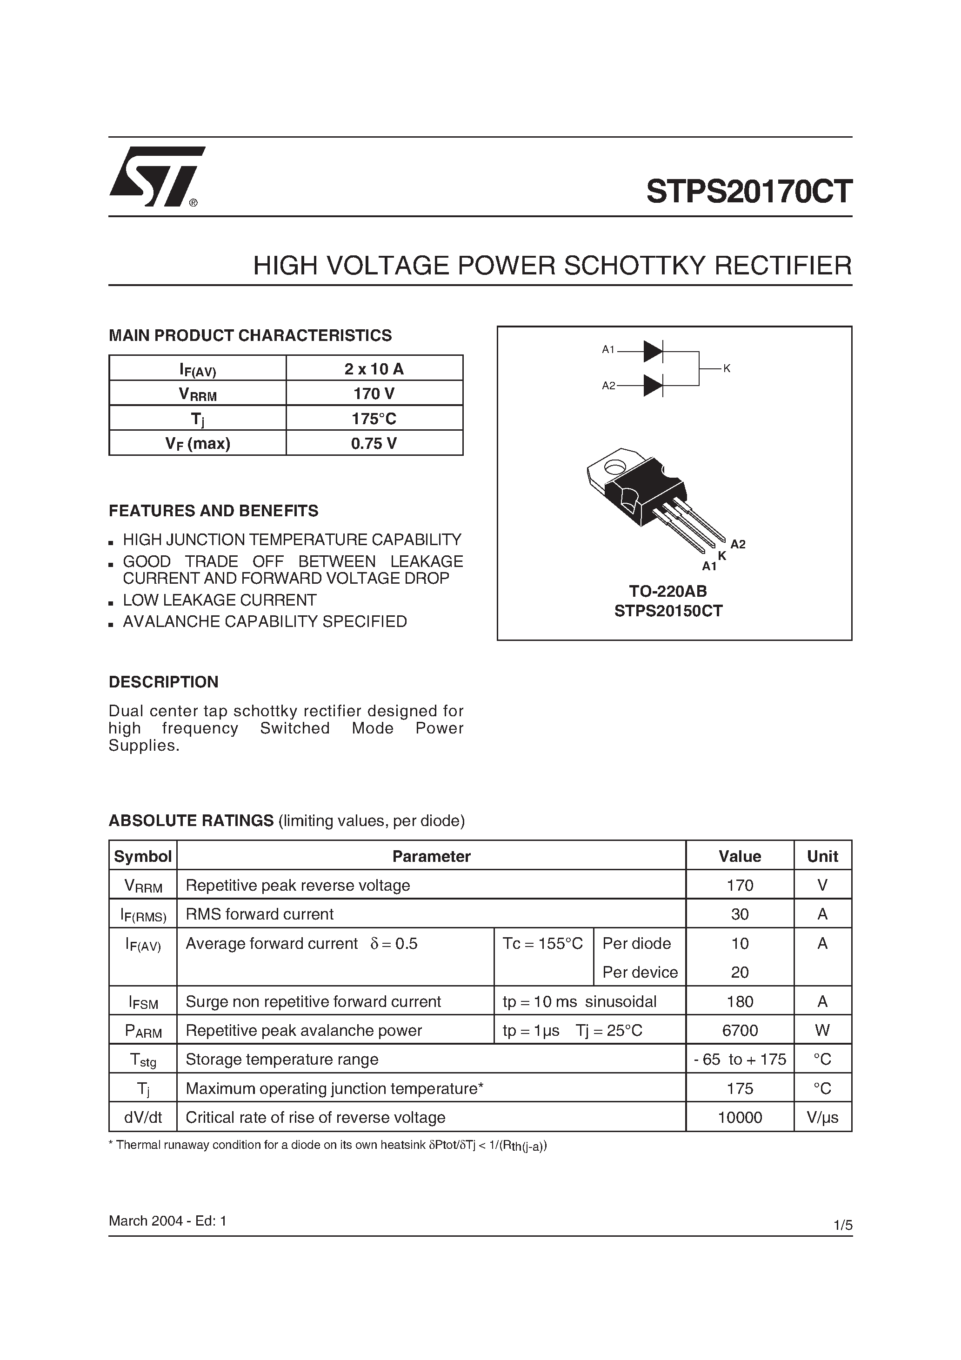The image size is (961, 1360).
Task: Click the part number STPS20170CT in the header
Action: click(749, 192)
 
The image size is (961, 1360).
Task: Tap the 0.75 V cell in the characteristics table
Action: click(374, 443)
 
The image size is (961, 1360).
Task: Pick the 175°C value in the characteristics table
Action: click(374, 418)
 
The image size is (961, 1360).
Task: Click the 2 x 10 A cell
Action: click(374, 369)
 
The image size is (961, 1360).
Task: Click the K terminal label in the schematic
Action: click(727, 368)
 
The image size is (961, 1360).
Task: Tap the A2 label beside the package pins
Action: click(738, 544)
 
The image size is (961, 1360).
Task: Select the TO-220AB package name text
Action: click(668, 591)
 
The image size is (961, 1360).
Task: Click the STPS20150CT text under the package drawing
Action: click(668, 611)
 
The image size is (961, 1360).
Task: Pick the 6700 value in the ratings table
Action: click(740, 1030)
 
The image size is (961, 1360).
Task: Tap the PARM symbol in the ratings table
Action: click(143, 1031)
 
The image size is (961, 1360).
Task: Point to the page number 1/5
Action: click(842, 1225)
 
